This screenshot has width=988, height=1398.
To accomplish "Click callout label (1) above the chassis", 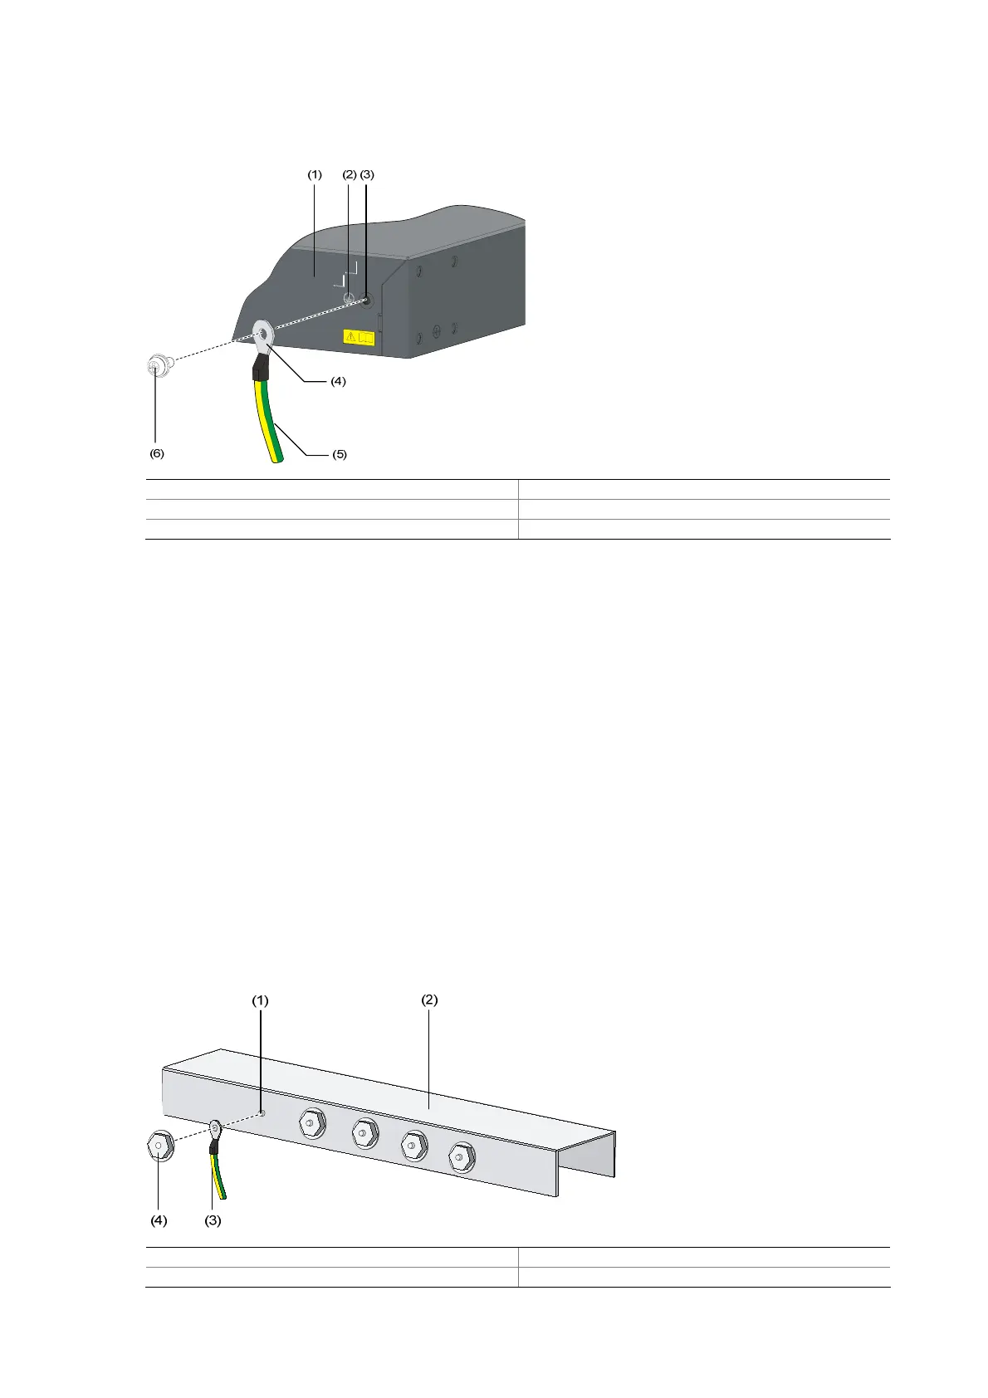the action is coord(315,174).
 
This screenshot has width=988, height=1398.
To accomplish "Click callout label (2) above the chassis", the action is coord(350,174).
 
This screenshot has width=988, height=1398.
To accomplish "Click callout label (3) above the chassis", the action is coord(367,174).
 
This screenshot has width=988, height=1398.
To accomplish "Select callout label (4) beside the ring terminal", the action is coord(338,381).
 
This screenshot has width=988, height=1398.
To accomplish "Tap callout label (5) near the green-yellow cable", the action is coord(339,454).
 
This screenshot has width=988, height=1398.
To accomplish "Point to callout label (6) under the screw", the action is coord(157,454).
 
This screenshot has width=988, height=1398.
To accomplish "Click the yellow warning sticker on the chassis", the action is coord(359,337).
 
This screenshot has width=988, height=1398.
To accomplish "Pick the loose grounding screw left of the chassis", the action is coord(157,366).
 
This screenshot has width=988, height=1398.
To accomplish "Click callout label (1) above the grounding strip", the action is coord(261,1000).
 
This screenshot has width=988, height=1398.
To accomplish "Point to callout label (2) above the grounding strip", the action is coord(429,1000).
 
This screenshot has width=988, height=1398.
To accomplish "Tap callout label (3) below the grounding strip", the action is coord(213,1220).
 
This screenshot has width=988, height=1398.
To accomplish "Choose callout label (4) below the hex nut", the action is coord(159,1220).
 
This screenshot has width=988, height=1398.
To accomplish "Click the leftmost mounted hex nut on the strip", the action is coord(312,1122).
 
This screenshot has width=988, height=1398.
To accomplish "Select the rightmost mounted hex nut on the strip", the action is coord(461,1156).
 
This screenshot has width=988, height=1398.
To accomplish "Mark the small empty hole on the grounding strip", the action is coord(262,1113).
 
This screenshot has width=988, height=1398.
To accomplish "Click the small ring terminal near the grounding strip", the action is coord(215,1127).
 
